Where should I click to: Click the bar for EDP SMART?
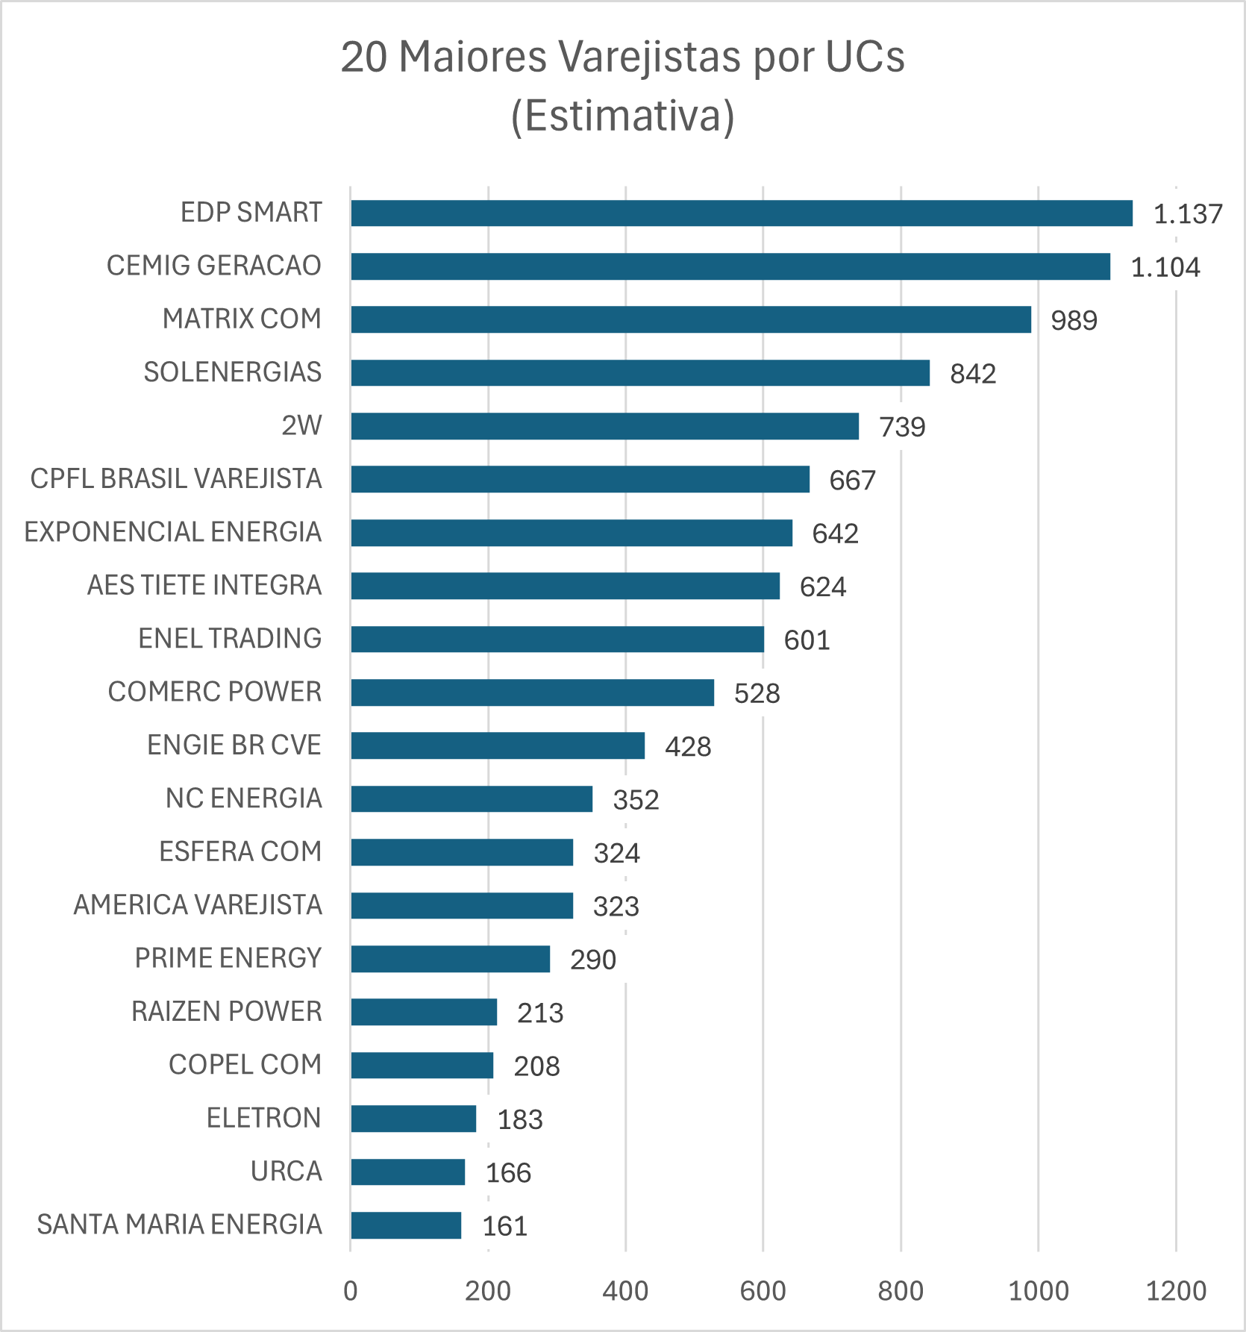pyautogui.click(x=742, y=213)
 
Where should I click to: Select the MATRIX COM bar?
pyautogui.click(x=691, y=319)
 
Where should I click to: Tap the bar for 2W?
pyautogui.click(x=604, y=426)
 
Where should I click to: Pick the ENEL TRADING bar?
pyautogui.click(x=557, y=640)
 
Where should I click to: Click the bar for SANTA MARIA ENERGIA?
pyautogui.click(x=406, y=1225)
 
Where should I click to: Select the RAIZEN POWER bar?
pyautogui.click(x=424, y=1012)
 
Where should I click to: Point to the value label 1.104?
pyautogui.click(x=1165, y=267)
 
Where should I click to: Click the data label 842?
pyautogui.click(x=973, y=374)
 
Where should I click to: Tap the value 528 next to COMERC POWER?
pyautogui.click(x=757, y=694)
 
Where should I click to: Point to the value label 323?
pyautogui.click(x=616, y=907)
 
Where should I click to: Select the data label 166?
pyautogui.click(x=508, y=1173)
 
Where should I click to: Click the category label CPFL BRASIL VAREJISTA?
pyautogui.click(x=176, y=479)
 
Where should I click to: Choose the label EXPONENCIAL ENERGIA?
pyautogui.click(x=173, y=532)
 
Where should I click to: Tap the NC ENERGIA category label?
pyautogui.click(x=244, y=798)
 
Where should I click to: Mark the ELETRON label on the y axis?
pyautogui.click(x=263, y=1119)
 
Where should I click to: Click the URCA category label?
pyautogui.click(x=286, y=1172)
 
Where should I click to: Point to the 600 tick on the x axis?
pyautogui.click(x=763, y=1291)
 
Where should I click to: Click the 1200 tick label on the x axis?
pyautogui.click(x=1176, y=1291)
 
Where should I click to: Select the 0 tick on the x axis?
pyautogui.click(x=351, y=1291)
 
